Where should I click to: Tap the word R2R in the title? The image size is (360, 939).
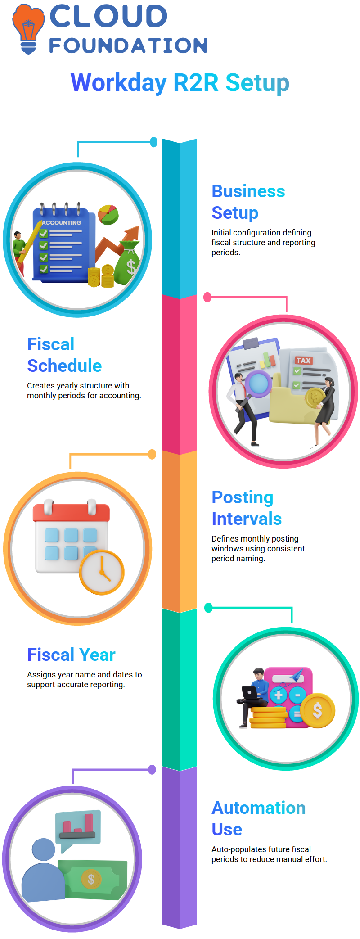(196, 83)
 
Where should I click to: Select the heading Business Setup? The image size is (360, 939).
(248, 202)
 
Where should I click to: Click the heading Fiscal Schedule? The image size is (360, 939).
(64, 355)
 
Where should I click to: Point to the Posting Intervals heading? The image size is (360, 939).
(247, 508)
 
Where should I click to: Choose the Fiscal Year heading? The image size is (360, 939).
(71, 655)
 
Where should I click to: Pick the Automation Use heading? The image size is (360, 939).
(258, 818)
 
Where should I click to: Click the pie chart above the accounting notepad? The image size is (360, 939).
(108, 214)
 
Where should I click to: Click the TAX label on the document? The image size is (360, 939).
(303, 361)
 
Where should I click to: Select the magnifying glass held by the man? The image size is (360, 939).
(258, 384)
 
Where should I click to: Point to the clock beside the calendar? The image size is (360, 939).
(102, 573)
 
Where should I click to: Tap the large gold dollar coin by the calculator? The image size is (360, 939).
(317, 710)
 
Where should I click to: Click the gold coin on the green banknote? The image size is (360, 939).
(91, 879)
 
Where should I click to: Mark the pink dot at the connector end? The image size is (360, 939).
(207, 297)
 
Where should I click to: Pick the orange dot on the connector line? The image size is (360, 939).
(152, 454)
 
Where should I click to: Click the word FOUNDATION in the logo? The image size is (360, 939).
(128, 45)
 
